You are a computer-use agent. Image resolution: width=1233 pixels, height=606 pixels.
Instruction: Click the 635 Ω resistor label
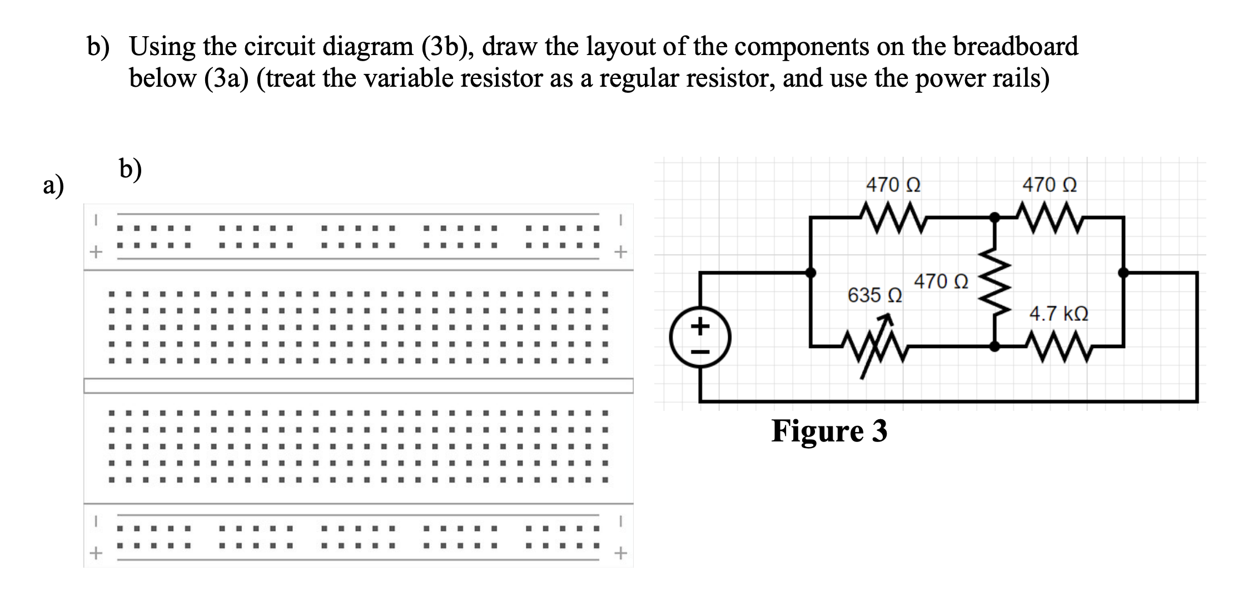click(x=874, y=295)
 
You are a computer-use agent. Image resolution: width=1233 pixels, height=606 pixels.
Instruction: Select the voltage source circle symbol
click(x=700, y=338)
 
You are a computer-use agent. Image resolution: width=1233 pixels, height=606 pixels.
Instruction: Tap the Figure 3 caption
click(x=829, y=431)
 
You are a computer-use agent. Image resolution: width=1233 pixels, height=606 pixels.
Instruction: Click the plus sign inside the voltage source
click(x=700, y=325)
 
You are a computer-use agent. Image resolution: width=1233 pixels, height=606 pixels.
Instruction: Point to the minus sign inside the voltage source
click(x=700, y=351)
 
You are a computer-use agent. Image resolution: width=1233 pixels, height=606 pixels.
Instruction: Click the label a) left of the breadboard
click(x=53, y=186)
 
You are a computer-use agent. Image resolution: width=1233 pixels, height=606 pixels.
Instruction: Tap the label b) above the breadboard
click(x=130, y=169)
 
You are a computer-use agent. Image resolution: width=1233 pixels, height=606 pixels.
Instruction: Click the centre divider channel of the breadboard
click(x=359, y=386)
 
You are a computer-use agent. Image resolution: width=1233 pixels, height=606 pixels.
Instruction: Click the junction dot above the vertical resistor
click(x=995, y=217)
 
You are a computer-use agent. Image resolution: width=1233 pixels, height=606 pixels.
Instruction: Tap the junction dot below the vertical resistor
click(x=995, y=346)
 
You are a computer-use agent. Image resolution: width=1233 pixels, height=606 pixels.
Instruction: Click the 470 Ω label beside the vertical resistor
click(x=941, y=281)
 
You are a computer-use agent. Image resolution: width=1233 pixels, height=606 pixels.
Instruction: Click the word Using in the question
click(x=162, y=46)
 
